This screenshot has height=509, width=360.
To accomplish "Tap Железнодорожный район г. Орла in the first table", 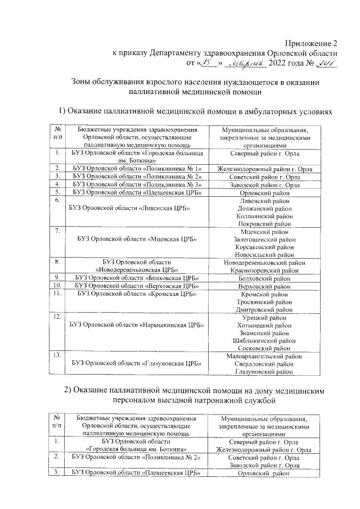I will click(x=264, y=168).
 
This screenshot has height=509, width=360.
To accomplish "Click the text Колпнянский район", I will click(x=264, y=215).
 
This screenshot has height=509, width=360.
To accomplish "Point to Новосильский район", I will click(x=264, y=254).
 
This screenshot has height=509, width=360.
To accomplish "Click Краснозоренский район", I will click(x=264, y=270).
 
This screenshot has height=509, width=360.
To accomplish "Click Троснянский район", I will click(x=264, y=301).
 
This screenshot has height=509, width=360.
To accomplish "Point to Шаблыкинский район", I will click(x=264, y=340).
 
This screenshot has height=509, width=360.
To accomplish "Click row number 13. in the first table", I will click(x=56, y=355).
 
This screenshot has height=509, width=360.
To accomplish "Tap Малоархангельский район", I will click(x=264, y=356).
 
